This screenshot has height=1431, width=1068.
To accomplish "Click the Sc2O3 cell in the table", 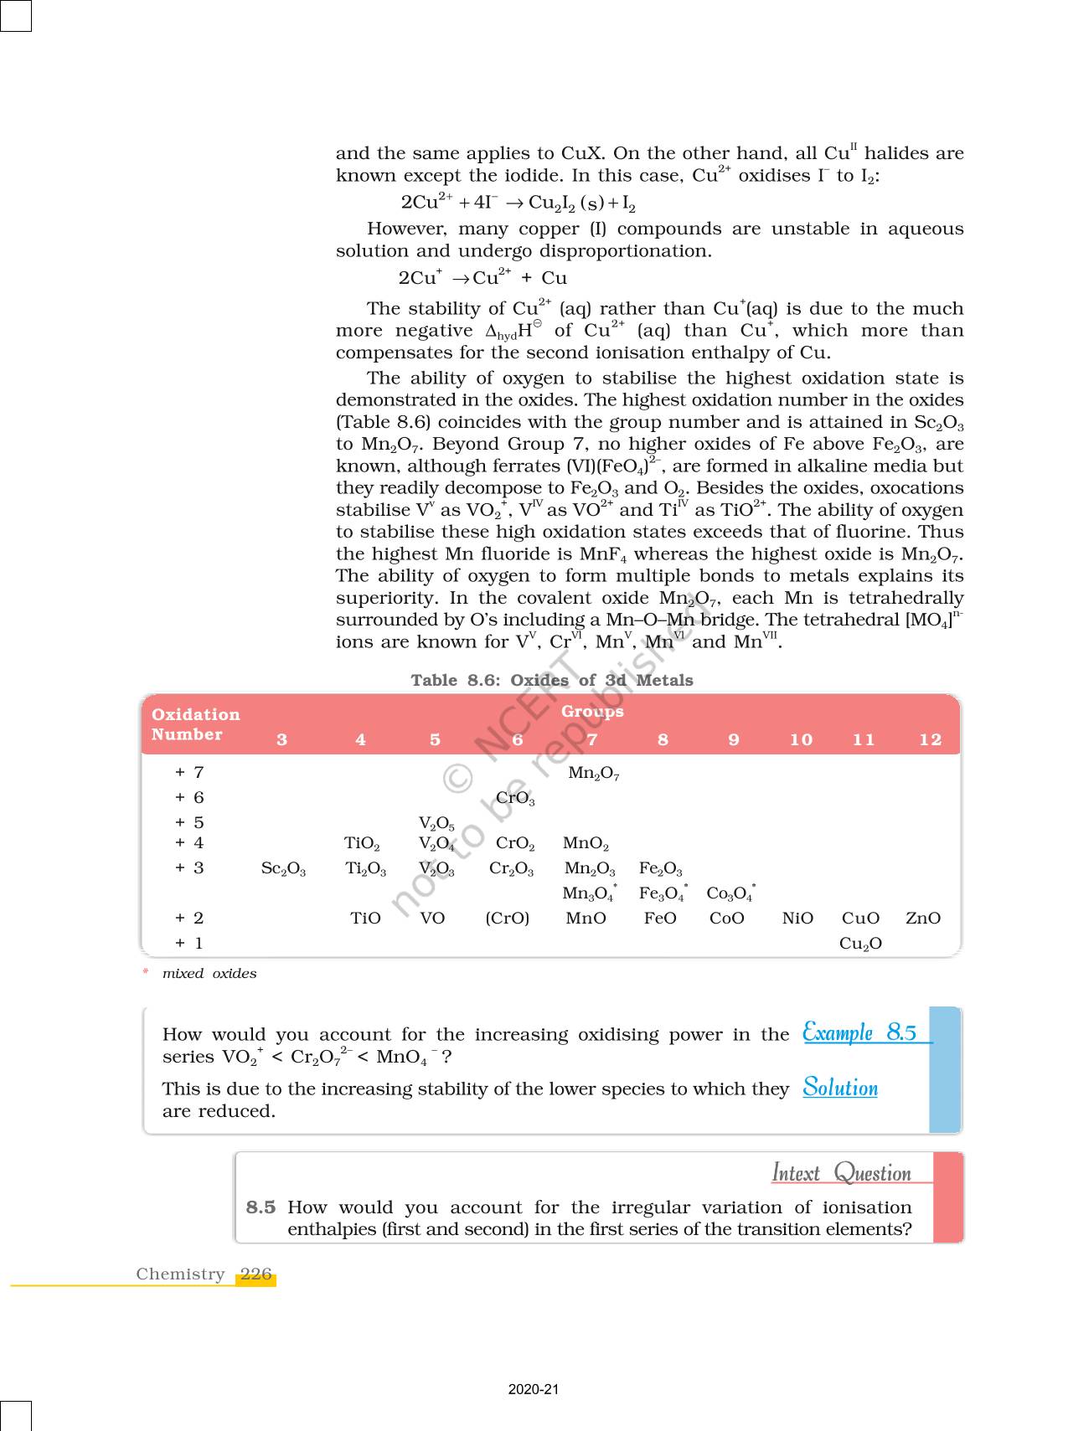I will pos(283,868).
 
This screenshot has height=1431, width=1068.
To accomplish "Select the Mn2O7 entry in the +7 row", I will pos(593,773).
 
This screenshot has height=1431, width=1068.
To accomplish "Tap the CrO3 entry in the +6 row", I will pos(515,798).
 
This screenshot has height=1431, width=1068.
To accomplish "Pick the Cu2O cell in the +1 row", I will pos(860,944).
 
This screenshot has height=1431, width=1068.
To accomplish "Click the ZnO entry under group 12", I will pos(922,918).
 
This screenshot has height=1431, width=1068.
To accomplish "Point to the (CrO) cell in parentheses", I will pos(508,918).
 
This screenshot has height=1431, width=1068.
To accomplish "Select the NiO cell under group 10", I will pos(797,918).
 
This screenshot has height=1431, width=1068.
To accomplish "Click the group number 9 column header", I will pos(734,739).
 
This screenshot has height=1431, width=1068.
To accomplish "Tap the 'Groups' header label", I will pos(592,711).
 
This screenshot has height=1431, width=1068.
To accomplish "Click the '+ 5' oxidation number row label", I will pos(189,822).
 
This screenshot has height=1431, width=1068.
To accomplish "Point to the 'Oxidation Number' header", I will pos(195,724).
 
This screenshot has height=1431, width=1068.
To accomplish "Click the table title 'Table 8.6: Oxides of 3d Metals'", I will pos(552,680).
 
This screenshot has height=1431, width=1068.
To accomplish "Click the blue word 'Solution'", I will pos(840,1088).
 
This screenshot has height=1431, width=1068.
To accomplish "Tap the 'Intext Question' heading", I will pos(841,1172).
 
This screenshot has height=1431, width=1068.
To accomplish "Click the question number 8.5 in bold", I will pos(261,1207).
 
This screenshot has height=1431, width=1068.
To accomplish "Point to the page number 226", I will pos(255,1274).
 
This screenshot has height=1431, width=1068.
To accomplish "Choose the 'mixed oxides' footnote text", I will pos(209,973).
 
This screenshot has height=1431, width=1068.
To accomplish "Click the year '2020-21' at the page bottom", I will pos(534,1389).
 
